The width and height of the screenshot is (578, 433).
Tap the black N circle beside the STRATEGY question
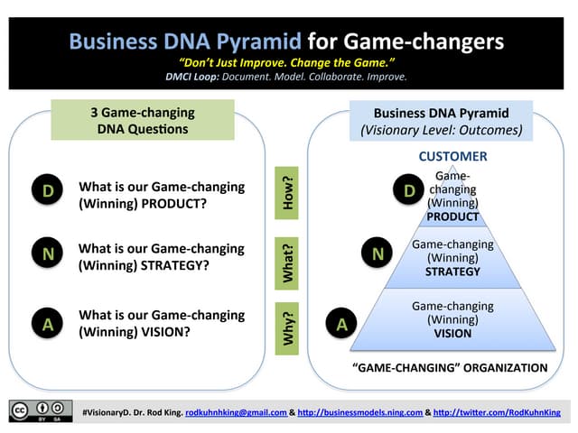point(48,254)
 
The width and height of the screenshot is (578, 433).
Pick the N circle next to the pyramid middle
point(378,254)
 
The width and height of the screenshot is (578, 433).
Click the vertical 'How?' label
point(289,194)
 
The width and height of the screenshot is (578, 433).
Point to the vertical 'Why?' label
point(289,328)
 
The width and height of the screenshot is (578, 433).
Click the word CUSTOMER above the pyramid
point(452,157)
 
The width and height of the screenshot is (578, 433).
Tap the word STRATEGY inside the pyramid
point(452,272)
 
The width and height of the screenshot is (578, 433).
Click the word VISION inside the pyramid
point(452,333)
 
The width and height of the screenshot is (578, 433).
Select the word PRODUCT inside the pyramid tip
point(452,216)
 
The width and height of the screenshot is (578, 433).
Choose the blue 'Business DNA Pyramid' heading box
point(442,122)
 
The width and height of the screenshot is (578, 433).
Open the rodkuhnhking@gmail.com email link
point(234,412)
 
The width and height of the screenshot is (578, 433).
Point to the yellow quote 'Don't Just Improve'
point(289,62)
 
